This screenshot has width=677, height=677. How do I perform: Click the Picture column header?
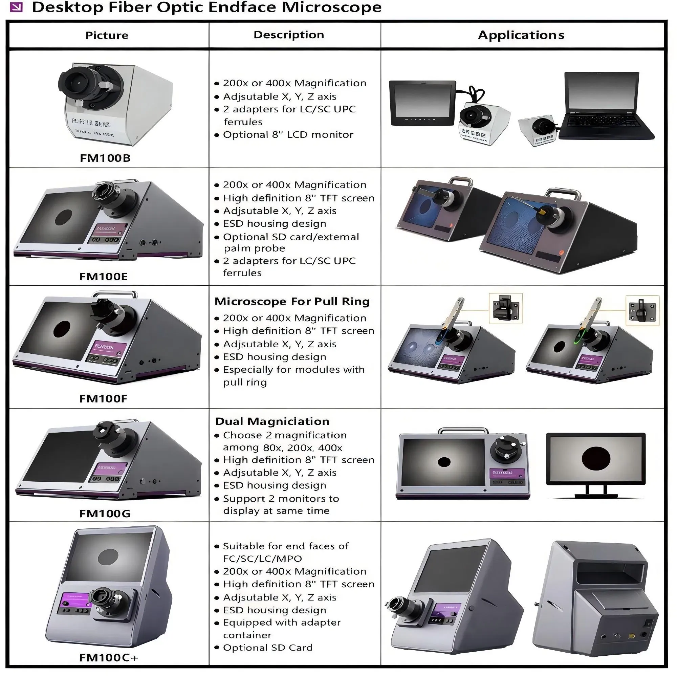pos(107,35)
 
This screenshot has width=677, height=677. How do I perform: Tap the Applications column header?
pos(521,35)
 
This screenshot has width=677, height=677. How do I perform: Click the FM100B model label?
pos(105,158)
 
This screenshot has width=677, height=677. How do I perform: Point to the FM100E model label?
pos(103,277)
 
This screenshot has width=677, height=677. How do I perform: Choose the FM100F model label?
pos(103,398)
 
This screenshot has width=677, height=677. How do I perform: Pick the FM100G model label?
pos(105,514)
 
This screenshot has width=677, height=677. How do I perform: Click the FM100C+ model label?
pos(109,657)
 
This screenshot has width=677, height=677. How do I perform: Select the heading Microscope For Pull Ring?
pos(292,301)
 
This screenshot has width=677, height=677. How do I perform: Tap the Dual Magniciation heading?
pos(272,421)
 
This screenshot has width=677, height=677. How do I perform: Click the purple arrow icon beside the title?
pos(16,7)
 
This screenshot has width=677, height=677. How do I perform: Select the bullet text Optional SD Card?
pos(267,648)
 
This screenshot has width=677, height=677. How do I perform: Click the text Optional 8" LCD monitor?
pos(288,135)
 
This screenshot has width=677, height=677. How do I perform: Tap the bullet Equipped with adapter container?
pos(282,628)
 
